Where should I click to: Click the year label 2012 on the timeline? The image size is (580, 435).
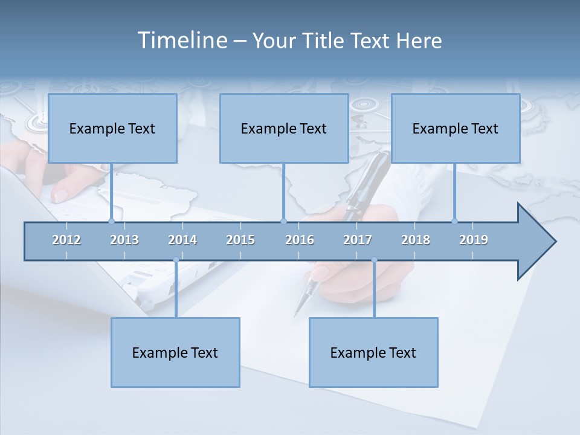[66, 240]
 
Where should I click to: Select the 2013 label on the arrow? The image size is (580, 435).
[124, 240]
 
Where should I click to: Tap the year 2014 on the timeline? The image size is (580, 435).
[182, 240]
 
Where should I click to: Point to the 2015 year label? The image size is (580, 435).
[240, 240]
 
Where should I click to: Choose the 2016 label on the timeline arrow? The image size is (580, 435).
[300, 240]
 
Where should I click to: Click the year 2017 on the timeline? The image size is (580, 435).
[358, 240]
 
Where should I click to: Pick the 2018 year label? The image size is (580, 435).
[416, 240]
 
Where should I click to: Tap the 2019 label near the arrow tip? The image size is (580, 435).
[474, 240]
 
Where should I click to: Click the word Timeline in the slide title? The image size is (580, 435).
[181, 40]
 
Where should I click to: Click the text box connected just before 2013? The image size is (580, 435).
[112, 128]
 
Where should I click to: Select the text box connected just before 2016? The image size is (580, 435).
[284, 128]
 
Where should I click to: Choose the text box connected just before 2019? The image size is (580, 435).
[456, 128]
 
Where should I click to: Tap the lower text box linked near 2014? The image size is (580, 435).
[175, 352]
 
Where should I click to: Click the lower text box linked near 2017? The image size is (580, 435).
[373, 352]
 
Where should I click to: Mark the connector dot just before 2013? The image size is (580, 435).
[111, 221]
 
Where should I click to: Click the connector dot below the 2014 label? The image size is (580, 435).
[176, 260]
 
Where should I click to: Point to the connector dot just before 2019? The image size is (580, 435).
[454, 221]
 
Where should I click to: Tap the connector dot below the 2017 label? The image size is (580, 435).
[374, 260]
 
